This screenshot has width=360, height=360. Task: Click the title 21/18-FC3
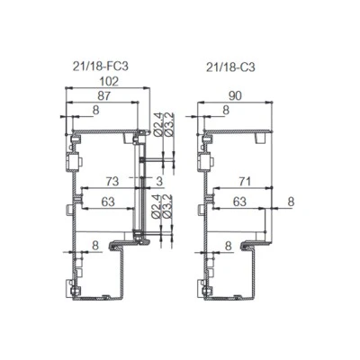[100, 66]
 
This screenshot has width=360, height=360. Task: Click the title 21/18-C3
[230, 67]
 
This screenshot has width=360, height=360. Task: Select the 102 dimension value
[109, 81]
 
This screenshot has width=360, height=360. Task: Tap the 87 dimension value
[104, 96]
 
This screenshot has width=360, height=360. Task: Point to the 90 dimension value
[235, 96]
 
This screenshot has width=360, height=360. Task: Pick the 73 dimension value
[112, 181]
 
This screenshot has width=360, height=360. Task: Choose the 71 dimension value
[244, 181]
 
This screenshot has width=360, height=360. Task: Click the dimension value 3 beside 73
[159, 181]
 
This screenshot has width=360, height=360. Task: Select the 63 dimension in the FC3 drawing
[108, 202]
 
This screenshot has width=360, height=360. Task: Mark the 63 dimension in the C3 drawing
[239, 202]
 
